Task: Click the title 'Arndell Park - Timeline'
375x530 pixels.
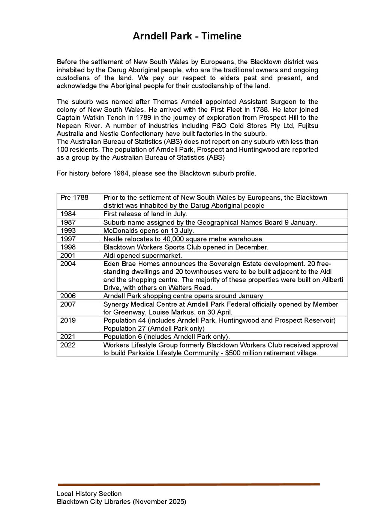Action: [187, 36]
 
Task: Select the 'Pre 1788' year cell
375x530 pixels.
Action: [74, 198]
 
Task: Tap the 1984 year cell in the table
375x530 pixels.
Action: [68, 214]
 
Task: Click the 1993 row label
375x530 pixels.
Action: [68, 231]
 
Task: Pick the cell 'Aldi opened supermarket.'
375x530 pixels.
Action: [142, 256]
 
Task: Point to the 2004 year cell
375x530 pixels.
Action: [68, 264]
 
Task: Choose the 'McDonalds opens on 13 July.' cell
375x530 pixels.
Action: [148, 231]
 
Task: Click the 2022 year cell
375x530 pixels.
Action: [68, 345]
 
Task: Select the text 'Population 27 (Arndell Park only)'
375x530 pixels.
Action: [154, 329]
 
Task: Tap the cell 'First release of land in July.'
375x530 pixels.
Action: [145, 214]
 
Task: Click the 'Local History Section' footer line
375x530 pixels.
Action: [89, 494]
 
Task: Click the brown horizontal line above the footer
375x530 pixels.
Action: [189, 484]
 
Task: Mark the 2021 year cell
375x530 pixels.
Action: [68, 337]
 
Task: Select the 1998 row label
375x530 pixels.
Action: [68, 247]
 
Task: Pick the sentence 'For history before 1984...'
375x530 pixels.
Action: [156, 174]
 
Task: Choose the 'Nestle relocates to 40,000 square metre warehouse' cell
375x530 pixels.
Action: [183, 239]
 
